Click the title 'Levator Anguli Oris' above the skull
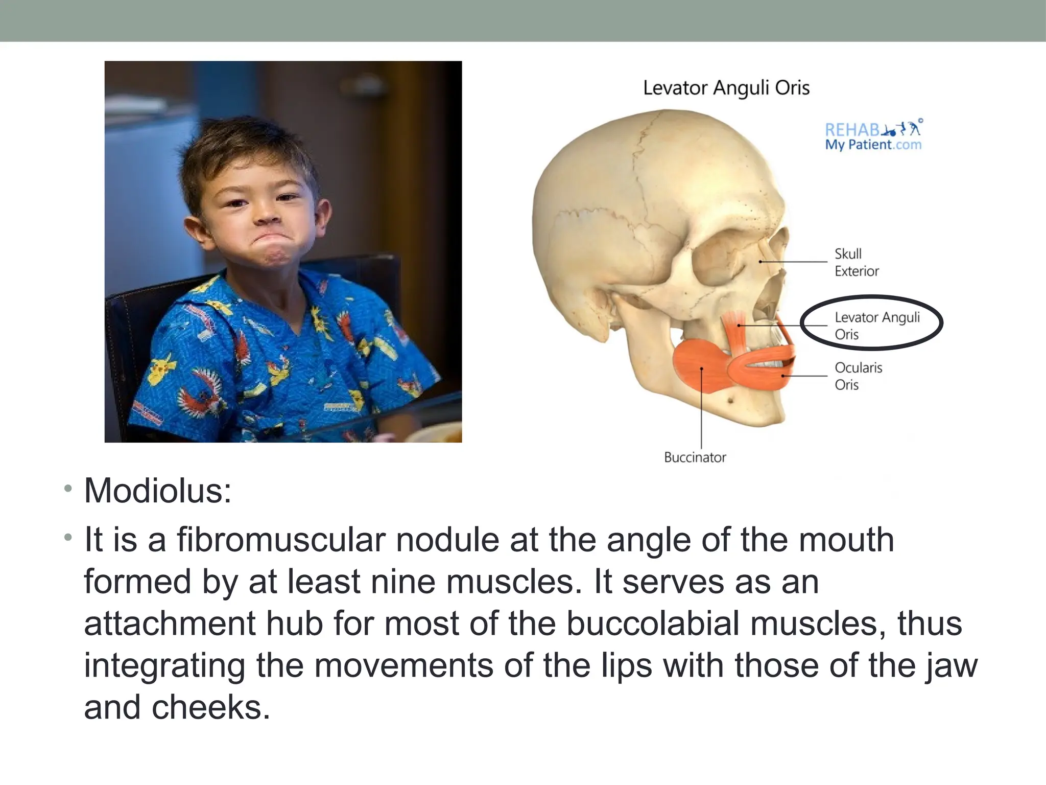[x=726, y=88]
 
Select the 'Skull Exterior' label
[x=857, y=262]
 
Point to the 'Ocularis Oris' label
[x=858, y=376]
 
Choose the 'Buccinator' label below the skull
[x=695, y=457]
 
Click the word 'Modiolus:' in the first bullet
[x=158, y=491]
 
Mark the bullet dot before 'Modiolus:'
[x=68, y=489]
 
